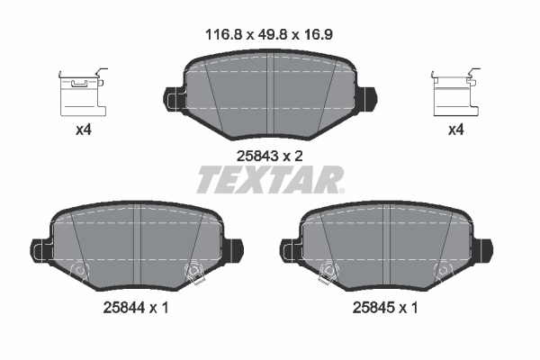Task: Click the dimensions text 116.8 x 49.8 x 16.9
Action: [x=271, y=37]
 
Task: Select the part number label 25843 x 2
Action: [x=270, y=155]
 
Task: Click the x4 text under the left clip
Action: [x=84, y=130]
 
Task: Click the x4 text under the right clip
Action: [x=457, y=130]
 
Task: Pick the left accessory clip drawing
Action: [x=82, y=91]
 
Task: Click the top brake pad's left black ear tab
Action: [x=171, y=94]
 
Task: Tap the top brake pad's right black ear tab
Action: [x=370, y=94]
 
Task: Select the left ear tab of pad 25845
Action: [x=290, y=247]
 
